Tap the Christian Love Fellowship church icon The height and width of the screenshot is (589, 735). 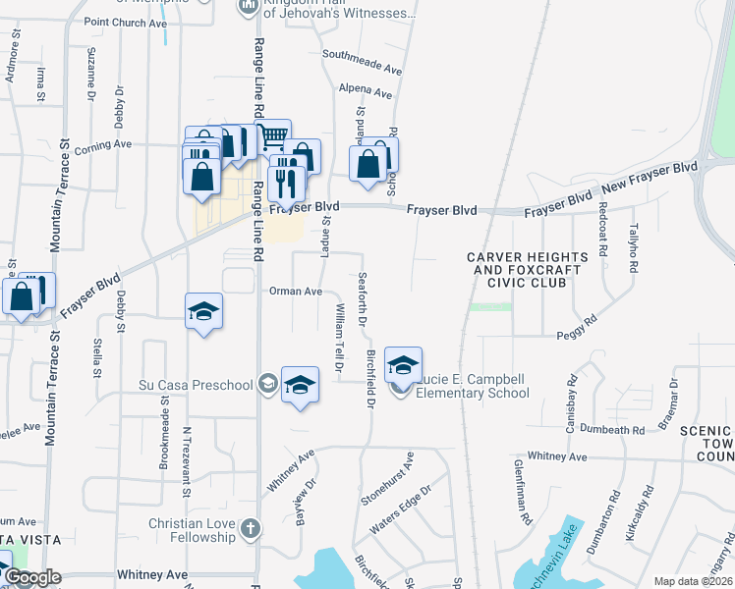251,529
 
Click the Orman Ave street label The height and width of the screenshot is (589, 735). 297,292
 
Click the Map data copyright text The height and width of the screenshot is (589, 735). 693,581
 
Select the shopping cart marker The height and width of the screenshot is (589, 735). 274,134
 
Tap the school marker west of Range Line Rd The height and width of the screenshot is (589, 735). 203,312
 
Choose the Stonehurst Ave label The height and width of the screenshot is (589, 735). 386,479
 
